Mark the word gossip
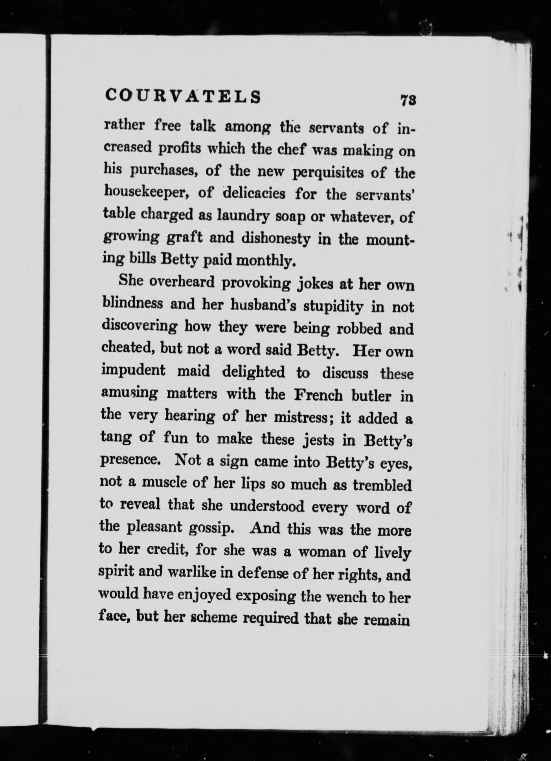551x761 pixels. point(211,528)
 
